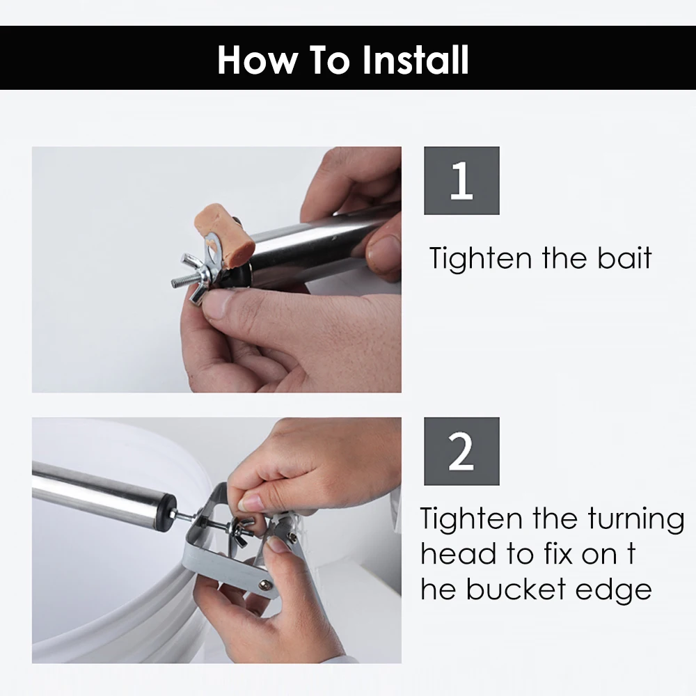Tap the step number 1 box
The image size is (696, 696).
[x=461, y=181]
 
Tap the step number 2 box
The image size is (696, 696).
[x=461, y=452]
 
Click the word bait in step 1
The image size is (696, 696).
[x=624, y=258]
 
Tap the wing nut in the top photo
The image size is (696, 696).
[x=196, y=278]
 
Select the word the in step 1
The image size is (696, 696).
[x=564, y=258]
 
